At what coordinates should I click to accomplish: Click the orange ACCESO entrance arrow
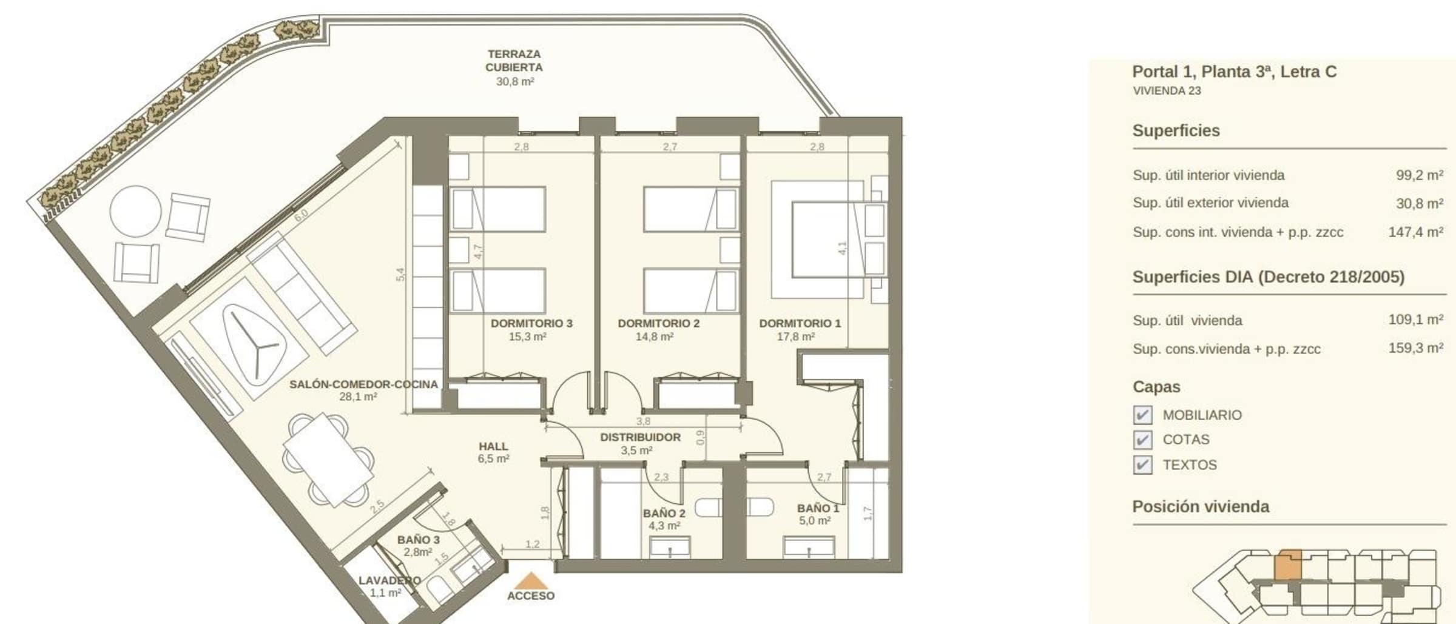[x=531, y=580]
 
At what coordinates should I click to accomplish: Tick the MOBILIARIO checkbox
[x=1142, y=415]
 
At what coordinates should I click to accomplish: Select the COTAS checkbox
[x=1142, y=440]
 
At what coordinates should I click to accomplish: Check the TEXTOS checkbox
[x=1142, y=465]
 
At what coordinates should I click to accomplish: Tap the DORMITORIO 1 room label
[x=800, y=323]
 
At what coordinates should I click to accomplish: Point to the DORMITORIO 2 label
[x=658, y=323]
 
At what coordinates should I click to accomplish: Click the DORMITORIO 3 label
[x=531, y=323]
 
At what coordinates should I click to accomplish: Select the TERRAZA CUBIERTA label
[x=514, y=61]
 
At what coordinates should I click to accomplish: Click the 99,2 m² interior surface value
[x=1419, y=175]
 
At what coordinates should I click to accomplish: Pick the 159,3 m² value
[x=1415, y=348]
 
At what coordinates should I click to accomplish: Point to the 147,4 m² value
[x=1415, y=232]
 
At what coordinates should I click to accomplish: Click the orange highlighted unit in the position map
[x=1287, y=565]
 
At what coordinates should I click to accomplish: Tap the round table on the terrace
[x=135, y=211]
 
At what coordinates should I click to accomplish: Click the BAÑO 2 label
[x=664, y=514]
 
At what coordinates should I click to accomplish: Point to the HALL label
[x=493, y=446]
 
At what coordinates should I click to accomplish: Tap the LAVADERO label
[x=389, y=580]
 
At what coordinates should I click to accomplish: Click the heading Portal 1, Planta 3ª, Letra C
[x=1235, y=72]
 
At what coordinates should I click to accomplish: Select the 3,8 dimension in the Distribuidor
[x=643, y=421]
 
